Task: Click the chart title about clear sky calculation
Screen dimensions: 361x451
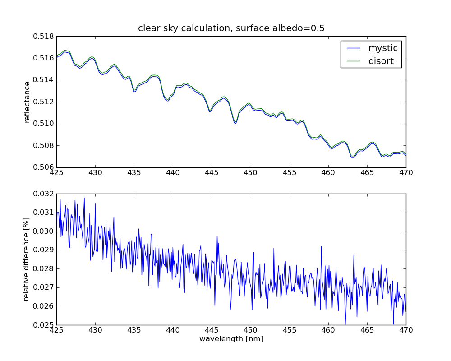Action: [231, 28]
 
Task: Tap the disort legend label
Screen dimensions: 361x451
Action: [381, 61]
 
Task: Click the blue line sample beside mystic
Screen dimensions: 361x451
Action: [354, 48]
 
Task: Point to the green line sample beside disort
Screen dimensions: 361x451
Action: [354, 61]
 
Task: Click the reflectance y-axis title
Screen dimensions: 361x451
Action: [27, 102]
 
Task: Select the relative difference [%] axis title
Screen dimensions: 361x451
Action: [27, 259]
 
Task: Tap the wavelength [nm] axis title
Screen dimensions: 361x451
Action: [231, 339]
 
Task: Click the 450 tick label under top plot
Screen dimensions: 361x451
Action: [250, 172]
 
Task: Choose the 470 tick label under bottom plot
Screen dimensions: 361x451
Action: [405, 330]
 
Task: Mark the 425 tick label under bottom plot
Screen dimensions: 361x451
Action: [56, 330]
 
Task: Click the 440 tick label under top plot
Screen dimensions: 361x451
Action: [173, 172]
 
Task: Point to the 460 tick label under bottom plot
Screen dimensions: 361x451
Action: [328, 330]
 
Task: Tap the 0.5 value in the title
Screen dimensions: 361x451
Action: [318, 28]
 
